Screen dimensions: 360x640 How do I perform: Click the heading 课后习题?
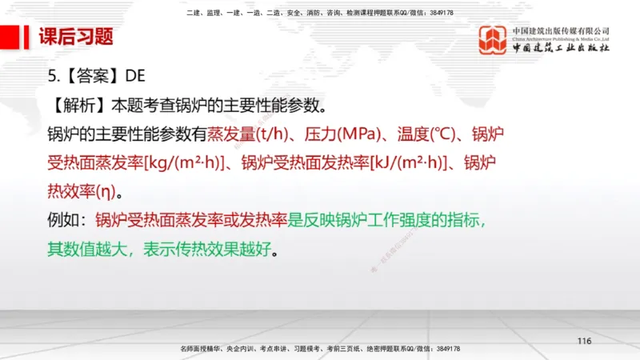(x=76, y=37)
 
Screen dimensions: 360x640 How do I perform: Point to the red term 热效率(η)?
(x=82, y=191)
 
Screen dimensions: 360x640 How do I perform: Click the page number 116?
(x=583, y=342)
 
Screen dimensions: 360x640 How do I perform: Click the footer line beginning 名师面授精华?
(x=320, y=350)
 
